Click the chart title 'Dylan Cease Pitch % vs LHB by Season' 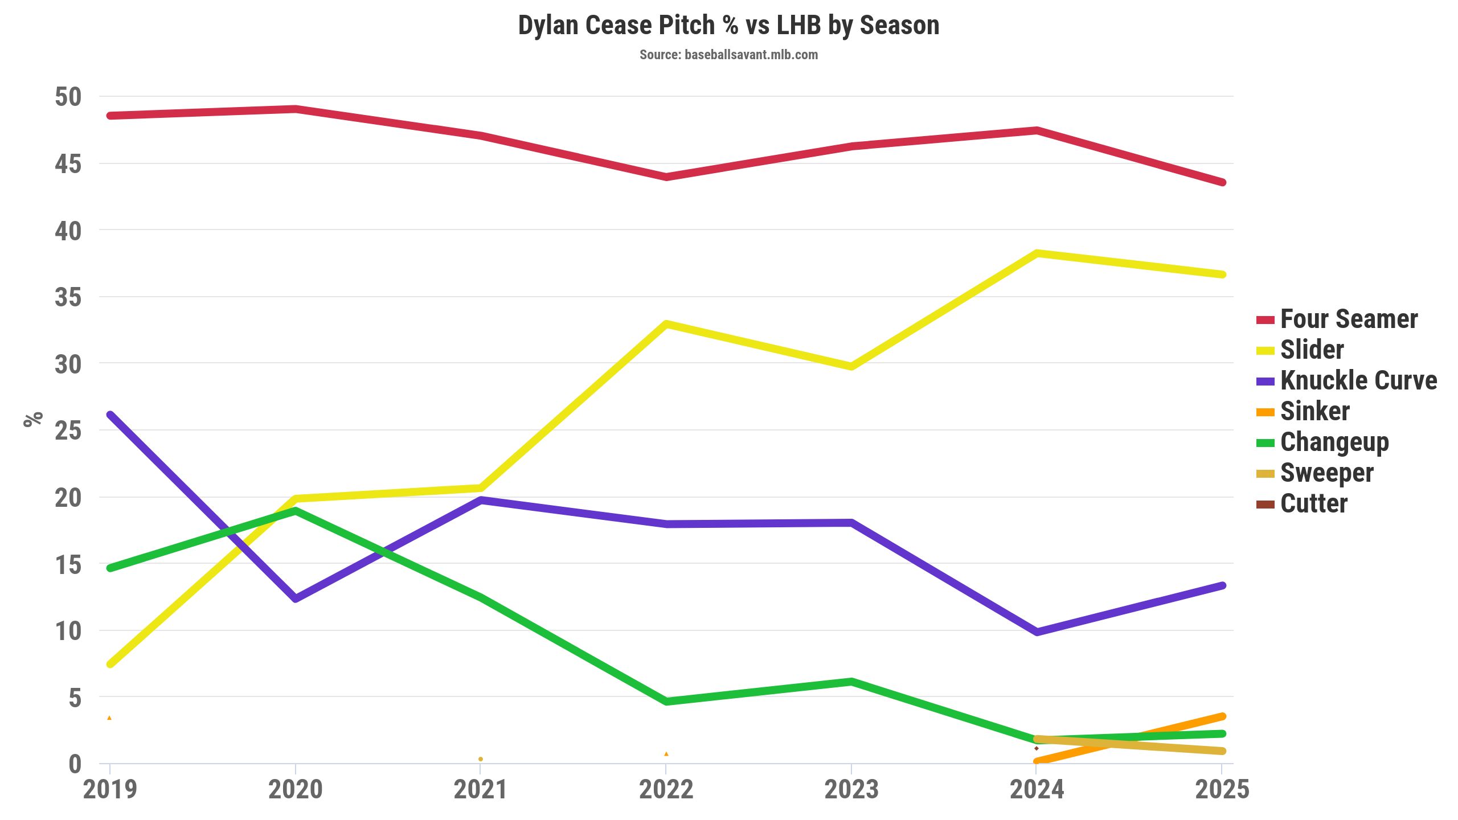pyautogui.click(x=728, y=26)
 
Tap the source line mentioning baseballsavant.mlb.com pyautogui.click(x=728, y=55)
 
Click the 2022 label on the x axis pyautogui.click(x=666, y=790)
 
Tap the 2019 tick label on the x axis pyautogui.click(x=110, y=790)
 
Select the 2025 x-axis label pyautogui.click(x=1222, y=790)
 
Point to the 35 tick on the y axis pyautogui.click(x=68, y=297)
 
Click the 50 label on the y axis pyautogui.click(x=68, y=97)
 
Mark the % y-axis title pyautogui.click(x=33, y=419)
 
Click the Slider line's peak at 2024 pyautogui.click(x=1037, y=253)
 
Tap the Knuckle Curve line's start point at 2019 pyautogui.click(x=110, y=415)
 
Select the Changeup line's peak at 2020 pyautogui.click(x=296, y=511)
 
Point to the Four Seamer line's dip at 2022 pyautogui.click(x=666, y=177)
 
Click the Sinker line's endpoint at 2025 pyautogui.click(x=1222, y=716)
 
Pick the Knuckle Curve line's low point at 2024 pyautogui.click(x=1037, y=632)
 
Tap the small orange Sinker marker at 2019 pyautogui.click(x=109, y=718)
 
